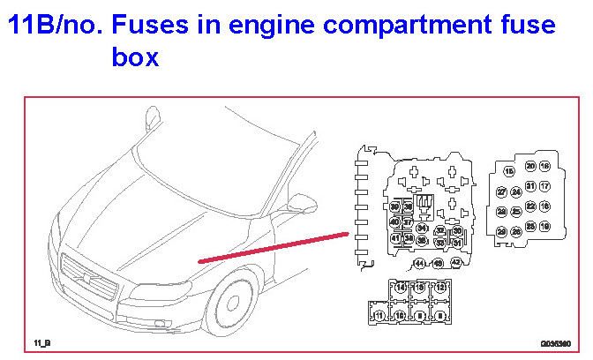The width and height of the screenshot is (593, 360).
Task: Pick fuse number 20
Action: pyautogui.click(x=530, y=166)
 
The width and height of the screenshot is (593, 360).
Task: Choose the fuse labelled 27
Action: pyautogui.click(x=501, y=192)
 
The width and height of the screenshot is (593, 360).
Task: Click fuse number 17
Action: pyautogui.click(x=544, y=186)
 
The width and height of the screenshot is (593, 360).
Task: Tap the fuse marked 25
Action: pyautogui.click(x=530, y=227)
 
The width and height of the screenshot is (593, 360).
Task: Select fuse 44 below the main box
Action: pyautogui.click(x=419, y=263)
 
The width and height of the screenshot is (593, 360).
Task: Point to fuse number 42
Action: pyautogui.click(x=455, y=262)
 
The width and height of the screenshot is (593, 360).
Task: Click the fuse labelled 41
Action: pyautogui.click(x=395, y=238)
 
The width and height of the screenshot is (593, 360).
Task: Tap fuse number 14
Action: pyautogui.click(x=401, y=288)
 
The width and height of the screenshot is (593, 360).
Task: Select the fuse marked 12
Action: pyautogui.click(x=440, y=288)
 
